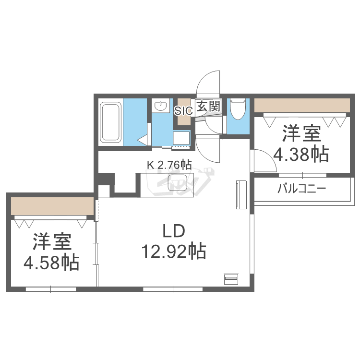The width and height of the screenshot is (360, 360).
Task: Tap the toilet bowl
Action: point(238,110)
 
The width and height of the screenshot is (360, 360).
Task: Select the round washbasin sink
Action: point(160,105)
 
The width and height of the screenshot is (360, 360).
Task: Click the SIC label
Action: point(183,110)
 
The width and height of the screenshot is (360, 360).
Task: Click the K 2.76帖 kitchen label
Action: point(169,165)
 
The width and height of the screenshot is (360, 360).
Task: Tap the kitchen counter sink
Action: point(176,183)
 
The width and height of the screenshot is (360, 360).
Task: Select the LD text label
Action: point(173,232)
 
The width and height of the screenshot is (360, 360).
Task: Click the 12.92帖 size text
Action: point(173,251)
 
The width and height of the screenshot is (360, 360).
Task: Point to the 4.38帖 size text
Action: point(301,154)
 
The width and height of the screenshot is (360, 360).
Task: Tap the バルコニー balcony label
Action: point(301,188)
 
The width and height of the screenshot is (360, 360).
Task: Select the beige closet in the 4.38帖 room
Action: point(301,105)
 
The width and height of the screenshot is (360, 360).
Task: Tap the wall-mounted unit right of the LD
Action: point(240,194)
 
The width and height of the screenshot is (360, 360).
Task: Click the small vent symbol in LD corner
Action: point(230,278)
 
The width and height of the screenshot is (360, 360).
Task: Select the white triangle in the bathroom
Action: point(143,140)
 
